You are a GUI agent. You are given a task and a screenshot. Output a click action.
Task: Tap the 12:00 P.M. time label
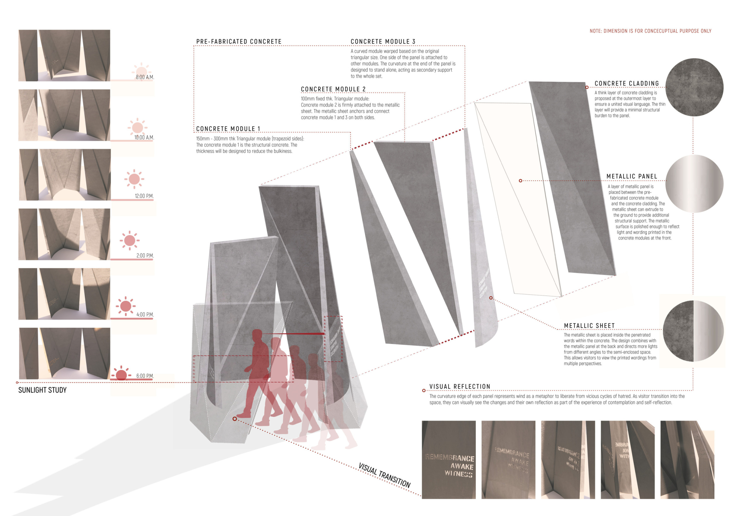click(x=144, y=196)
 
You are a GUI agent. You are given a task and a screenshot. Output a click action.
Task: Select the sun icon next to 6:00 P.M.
click(x=121, y=374)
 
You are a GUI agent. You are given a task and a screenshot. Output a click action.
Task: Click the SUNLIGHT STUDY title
click(x=42, y=390)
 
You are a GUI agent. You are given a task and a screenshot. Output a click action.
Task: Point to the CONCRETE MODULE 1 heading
click(x=228, y=129)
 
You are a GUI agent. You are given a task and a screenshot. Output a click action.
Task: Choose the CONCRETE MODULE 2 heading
click(x=333, y=89)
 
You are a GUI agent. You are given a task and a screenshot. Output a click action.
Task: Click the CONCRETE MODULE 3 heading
click(x=383, y=42)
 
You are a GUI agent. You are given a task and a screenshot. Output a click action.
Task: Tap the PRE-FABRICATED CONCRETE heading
click(x=239, y=42)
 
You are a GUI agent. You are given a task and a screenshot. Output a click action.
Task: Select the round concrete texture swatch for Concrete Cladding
click(x=694, y=87)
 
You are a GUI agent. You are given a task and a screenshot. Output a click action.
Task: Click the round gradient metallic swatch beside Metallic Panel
click(x=694, y=183)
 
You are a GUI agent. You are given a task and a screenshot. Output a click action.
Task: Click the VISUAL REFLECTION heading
click(x=460, y=386)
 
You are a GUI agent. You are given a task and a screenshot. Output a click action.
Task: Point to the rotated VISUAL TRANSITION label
click(x=384, y=475)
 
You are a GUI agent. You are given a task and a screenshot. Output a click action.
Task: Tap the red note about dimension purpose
click(x=651, y=31)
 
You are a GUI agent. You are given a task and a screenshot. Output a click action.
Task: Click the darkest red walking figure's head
click(x=257, y=336)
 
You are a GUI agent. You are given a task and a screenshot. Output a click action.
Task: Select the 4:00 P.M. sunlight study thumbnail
click(x=64, y=294)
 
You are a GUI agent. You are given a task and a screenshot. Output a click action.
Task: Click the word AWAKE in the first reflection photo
click(x=462, y=466)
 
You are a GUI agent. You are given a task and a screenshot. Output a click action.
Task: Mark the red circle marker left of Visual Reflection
click(x=424, y=391)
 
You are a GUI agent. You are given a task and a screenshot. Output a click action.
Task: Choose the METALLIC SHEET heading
click(x=589, y=326)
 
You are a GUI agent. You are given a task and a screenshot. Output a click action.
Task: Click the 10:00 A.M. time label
click(x=144, y=137)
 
